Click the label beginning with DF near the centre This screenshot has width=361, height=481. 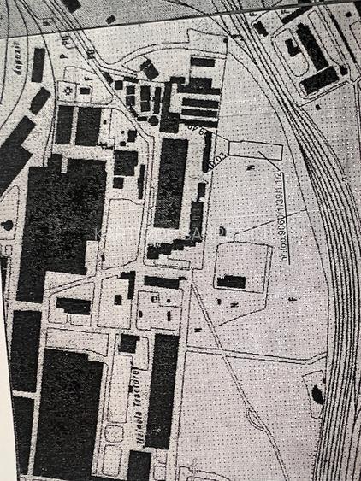193,134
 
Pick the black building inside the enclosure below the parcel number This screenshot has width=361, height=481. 230,281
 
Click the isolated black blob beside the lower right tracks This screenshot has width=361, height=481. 317,394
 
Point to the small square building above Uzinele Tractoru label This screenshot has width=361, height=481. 128,343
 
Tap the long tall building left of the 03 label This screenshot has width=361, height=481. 170,179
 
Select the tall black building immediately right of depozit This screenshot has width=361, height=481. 38,64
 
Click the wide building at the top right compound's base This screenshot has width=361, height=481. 319,80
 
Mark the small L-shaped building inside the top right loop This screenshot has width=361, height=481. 292,47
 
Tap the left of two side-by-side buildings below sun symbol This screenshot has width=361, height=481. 65,124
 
